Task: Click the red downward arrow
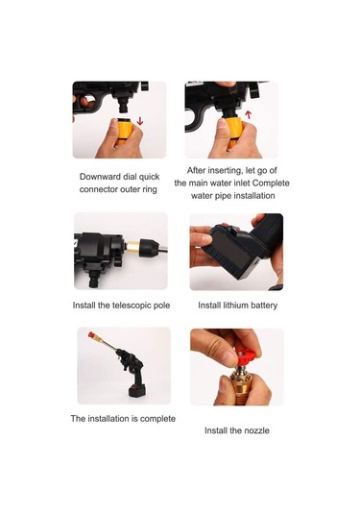(140, 121)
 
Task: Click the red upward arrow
(249, 114)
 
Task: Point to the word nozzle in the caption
(256, 430)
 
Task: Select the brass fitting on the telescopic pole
(132, 248)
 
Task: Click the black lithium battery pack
(232, 253)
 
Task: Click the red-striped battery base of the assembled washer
(136, 391)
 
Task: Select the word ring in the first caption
(150, 190)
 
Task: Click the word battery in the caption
(264, 306)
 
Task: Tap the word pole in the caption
(162, 306)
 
